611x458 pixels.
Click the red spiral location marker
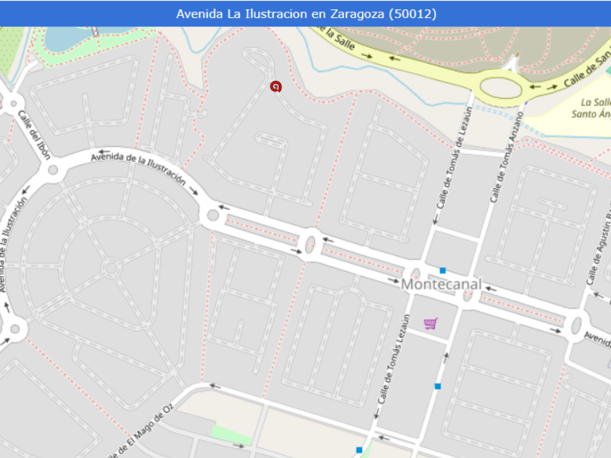pyautogui.click(x=275, y=87)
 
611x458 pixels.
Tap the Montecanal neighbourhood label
pyautogui.click(x=441, y=284)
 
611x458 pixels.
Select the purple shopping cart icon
pyautogui.click(x=430, y=324)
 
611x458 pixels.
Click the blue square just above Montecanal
pyautogui.click(x=443, y=271)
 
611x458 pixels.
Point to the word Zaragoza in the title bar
pyautogui.click(x=355, y=14)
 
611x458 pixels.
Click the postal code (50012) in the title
pyautogui.click(x=412, y=14)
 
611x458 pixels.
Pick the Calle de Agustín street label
pyautogui.click(x=598, y=250)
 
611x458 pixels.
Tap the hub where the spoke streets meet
pyautogui.click(x=111, y=268)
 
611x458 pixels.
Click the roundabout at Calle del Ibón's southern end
pyautogui.click(x=52, y=170)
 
